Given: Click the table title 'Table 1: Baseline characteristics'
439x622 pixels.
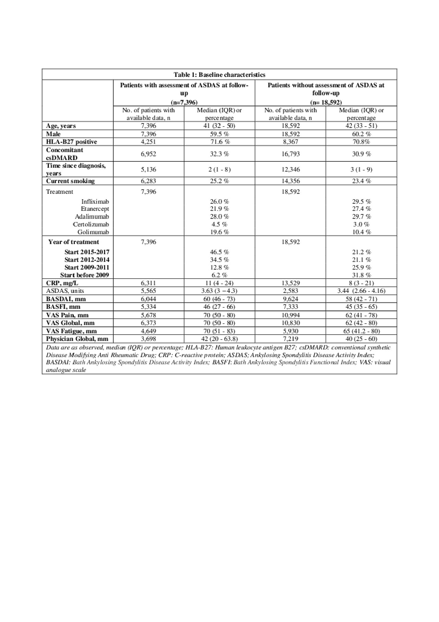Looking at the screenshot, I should click(x=219, y=74).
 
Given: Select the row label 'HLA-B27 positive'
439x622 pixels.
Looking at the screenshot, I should click(x=71, y=142).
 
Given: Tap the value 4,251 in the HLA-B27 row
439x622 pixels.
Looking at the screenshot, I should click(x=148, y=142).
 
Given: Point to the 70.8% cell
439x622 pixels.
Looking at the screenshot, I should click(x=361, y=142).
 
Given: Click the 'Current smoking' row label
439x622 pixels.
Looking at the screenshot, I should click(x=70, y=181).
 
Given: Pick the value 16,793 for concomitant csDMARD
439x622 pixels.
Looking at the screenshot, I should click(x=290, y=154).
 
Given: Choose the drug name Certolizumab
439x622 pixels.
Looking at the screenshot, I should click(x=91, y=224).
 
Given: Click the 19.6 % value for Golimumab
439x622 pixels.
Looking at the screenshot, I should click(x=219, y=232).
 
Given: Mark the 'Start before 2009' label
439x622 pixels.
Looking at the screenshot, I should click(x=84, y=275).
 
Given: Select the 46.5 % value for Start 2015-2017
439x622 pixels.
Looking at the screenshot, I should click(x=219, y=252).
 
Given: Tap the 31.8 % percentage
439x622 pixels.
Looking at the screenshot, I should click(x=361, y=275).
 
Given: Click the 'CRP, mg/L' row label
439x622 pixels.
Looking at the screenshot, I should click(x=62, y=283).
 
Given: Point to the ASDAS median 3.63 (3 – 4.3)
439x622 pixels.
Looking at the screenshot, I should click(x=219, y=291).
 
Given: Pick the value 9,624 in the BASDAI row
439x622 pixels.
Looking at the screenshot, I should click(x=290, y=299).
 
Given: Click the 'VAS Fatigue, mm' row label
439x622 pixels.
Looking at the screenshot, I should click(x=71, y=331).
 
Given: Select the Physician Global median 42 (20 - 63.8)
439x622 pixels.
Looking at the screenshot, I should click(x=219, y=339).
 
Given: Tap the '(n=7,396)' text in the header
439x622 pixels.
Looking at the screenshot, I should click(x=184, y=102).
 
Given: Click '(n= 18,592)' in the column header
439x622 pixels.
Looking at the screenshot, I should click(x=325, y=102).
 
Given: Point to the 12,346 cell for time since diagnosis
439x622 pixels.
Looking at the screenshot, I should click(x=290, y=169).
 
